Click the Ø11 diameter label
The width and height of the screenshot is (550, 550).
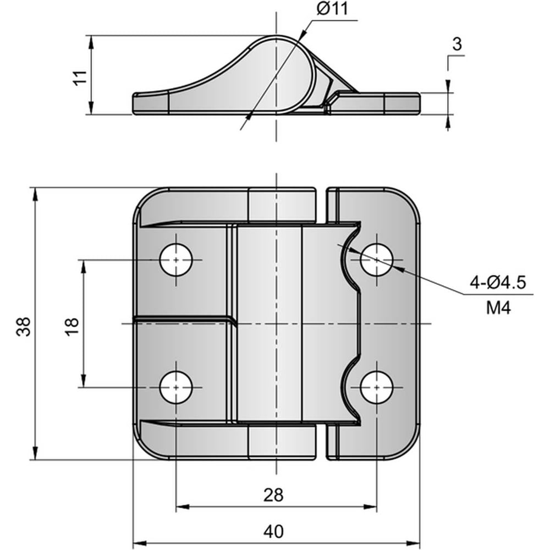[332, 9]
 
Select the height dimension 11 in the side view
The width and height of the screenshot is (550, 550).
[80, 78]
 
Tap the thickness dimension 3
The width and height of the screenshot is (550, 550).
[457, 44]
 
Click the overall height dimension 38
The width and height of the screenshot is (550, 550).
[24, 327]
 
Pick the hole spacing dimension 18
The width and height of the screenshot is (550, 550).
[73, 327]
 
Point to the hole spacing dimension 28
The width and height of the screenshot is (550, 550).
[273, 495]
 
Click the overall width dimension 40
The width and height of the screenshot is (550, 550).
[273, 531]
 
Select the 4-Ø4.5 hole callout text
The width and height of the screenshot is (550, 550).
[498, 282]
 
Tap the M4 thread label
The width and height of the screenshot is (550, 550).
[498, 308]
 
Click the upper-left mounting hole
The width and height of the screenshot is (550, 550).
[176, 260]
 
